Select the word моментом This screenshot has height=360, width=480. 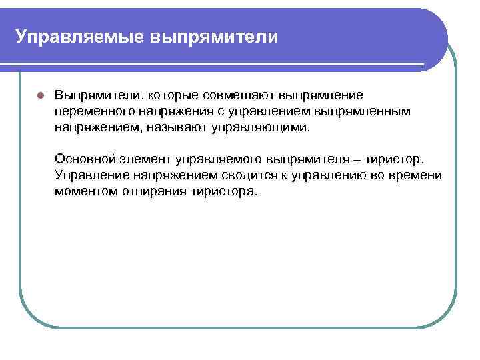click(85, 191)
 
